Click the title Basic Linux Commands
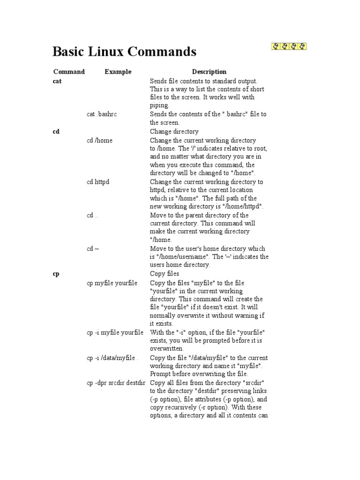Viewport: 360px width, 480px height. [124, 52]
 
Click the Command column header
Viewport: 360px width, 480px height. [69, 72]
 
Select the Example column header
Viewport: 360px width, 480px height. [118, 72]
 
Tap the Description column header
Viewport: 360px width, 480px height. [209, 72]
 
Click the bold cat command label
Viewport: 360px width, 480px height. [57, 81]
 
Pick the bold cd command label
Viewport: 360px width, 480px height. [56, 132]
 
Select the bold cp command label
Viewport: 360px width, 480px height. [56, 274]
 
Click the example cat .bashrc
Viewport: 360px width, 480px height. [102, 114]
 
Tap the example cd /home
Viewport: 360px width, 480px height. [99, 140]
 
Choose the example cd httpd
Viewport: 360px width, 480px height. [98, 182]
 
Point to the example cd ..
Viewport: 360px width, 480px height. [92, 216]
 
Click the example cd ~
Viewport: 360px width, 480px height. [93, 249]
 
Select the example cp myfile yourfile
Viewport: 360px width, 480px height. [112, 283]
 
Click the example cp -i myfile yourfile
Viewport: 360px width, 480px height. [115, 332]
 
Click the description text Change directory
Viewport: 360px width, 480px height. [174, 132]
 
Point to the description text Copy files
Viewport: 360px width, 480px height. [164, 274]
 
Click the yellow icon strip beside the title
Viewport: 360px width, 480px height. [289, 46]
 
